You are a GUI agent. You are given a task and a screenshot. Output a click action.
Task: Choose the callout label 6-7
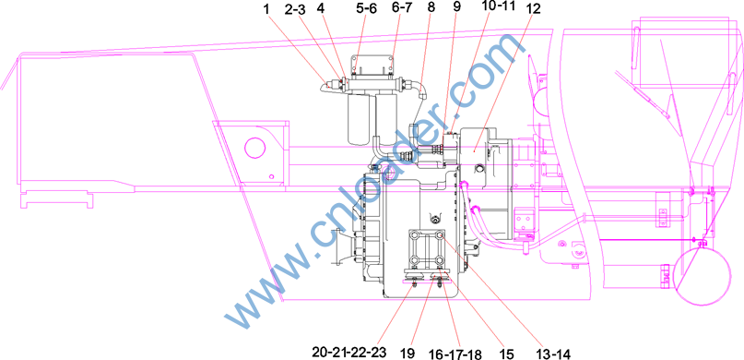[400, 8]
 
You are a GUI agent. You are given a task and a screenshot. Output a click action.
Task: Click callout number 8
[431, 8]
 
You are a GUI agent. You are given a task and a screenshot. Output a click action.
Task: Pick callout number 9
[457, 8]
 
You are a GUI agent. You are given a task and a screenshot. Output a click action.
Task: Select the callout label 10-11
[497, 8]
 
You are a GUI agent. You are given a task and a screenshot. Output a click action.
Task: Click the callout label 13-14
[553, 353]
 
